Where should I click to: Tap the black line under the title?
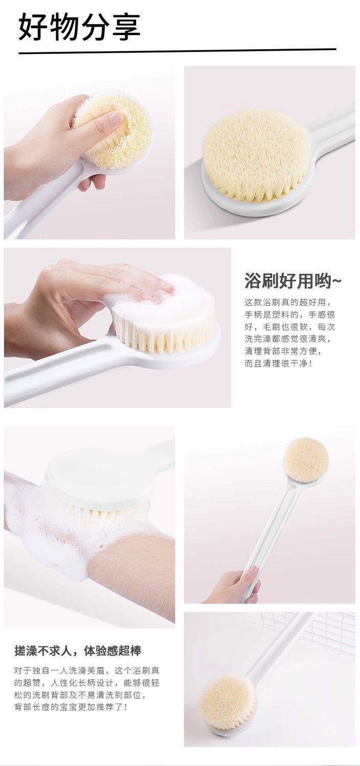click(x=177, y=51)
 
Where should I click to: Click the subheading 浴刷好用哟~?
click(x=292, y=281)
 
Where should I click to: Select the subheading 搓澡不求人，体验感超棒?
click(x=78, y=651)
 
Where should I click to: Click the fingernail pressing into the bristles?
click(x=116, y=118)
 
